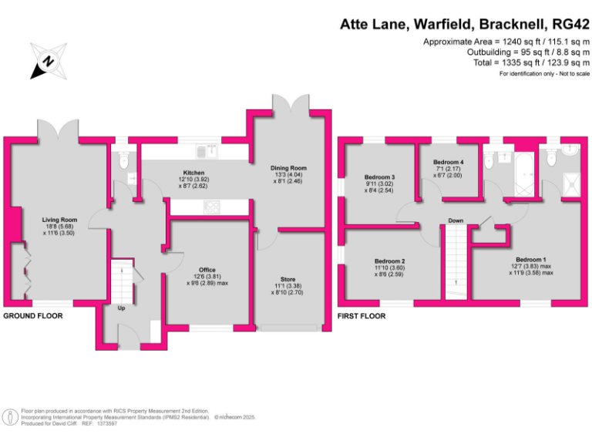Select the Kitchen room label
[x=193, y=172]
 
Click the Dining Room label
[x=288, y=167]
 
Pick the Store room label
[x=288, y=279]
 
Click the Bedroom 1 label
[x=530, y=260]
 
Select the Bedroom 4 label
[x=448, y=162]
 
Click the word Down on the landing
[x=456, y=220]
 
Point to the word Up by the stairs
[x=121, y=308]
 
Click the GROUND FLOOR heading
[x=33, y=316]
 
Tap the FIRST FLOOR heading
[x=362, y=316]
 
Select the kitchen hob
[x=210, y=206]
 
